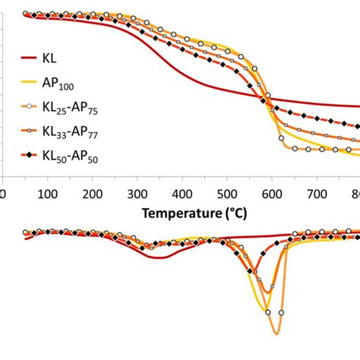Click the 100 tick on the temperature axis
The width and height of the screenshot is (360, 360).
(x=48, y=194)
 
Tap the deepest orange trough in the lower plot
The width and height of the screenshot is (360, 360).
(x=275, y=333)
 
